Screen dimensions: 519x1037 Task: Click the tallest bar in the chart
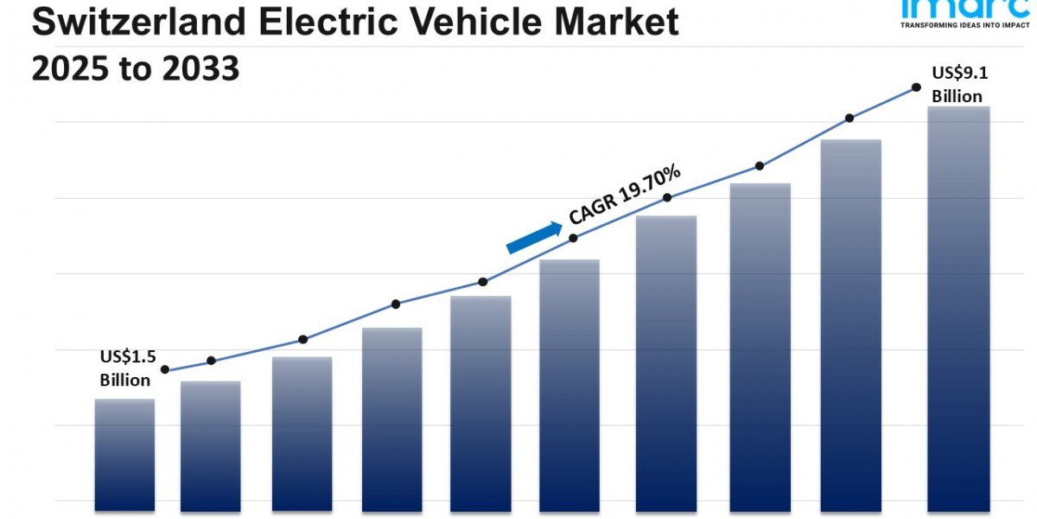click(x=958, y=307)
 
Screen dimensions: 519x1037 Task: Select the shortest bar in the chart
click(x=124, y=454)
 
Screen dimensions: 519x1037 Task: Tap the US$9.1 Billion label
click(x=957, y=85)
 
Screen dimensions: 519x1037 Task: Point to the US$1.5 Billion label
click(x=125, y=368)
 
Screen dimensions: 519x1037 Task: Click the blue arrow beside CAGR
click(x=533, y=236)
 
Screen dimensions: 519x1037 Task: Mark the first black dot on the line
click(x=165, y=369)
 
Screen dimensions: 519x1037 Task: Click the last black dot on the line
click(x=915, y=87)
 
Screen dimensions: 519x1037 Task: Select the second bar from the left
click(x=210, y=445)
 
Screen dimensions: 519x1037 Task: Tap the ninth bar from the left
click(x=850, y=324)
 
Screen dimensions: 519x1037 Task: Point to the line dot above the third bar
click(x=302, y=339)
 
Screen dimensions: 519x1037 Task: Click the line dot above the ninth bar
click(x=849, y=118)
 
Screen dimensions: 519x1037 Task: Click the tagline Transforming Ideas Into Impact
click(x=964, y=26)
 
